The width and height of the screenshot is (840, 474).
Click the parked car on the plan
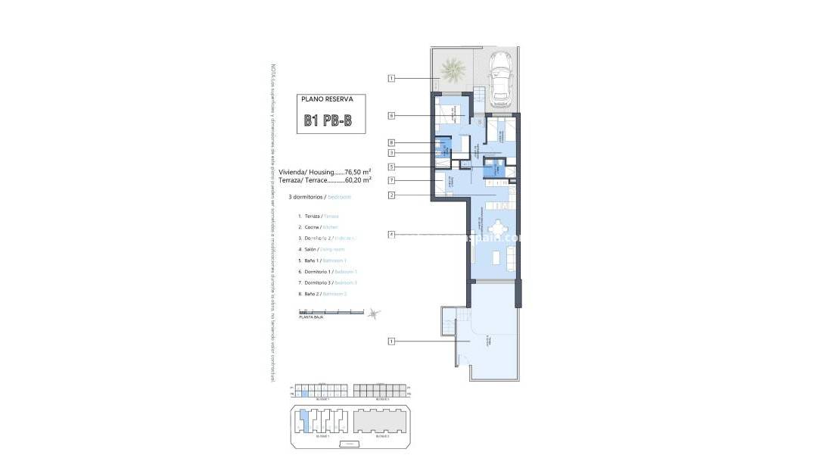click(499, 78)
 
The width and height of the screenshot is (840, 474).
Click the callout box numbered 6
click(391, 116)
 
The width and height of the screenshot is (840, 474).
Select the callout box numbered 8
click(391, 142)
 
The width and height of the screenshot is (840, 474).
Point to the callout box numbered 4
click(391, 235)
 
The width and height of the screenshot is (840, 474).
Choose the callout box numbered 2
click(391, 195)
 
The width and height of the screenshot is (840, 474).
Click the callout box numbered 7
click(391, 180)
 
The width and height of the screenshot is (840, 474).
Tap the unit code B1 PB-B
click(328, 120)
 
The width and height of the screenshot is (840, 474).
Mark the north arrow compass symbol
click(373, 313)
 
